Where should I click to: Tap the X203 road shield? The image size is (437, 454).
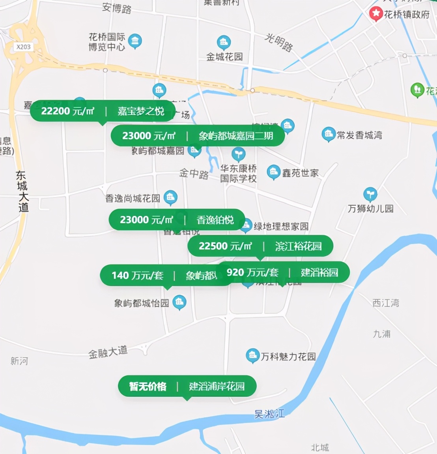click(x=23, y=47)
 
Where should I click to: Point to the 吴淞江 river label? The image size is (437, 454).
click(x=269, y=414)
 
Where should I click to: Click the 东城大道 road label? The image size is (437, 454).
click(x=22, y=191)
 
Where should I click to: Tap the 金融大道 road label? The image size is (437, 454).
click(x=108, y=352)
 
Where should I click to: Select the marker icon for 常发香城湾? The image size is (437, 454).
click(x=328, y=134)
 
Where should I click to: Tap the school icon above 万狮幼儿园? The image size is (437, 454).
click(x=370, y=194)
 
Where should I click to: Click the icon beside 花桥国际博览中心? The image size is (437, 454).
click(x=135, y=41)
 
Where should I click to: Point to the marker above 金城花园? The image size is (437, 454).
click(x=224, y=42)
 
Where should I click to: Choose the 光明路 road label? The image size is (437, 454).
click(x=279, y=43)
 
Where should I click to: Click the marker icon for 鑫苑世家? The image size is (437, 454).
click(x=273, y=172)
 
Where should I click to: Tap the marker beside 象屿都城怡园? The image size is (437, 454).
click(x=179, y=302)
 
